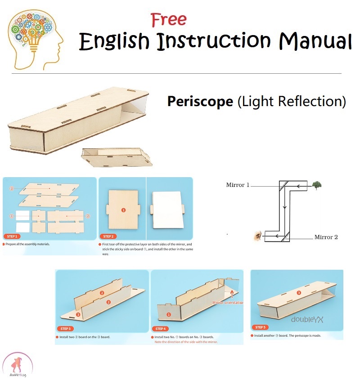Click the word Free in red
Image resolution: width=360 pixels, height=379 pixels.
point(169,19)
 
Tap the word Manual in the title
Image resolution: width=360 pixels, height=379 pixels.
point(315,41)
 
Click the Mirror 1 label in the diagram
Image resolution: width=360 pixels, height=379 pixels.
point(238,185)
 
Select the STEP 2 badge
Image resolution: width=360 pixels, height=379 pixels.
point(108,236)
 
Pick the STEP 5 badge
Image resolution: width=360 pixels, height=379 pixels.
point(261,327)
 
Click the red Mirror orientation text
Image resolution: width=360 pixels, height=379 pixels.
point(228,303)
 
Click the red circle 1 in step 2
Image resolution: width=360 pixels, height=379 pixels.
point(123,210)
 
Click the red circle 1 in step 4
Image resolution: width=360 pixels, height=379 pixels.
point(169,315)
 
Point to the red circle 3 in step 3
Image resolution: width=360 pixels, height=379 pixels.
point(78,315)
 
